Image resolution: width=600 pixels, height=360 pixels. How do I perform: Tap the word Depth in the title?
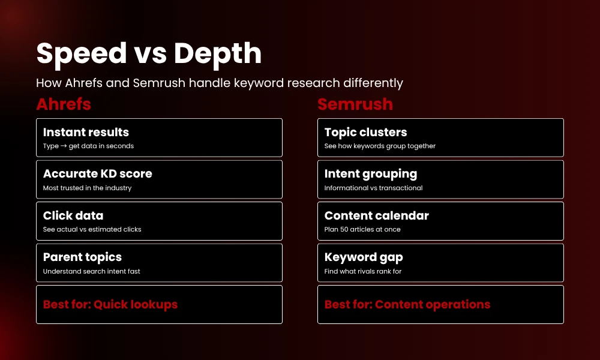coord(218,54)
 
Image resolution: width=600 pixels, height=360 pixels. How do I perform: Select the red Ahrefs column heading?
coord(64,104)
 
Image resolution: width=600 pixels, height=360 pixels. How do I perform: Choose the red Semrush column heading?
coord(355,104)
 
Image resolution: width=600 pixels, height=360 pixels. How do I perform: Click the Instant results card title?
coord(86,132)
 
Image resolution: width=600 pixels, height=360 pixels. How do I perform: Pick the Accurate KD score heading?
coord(98,173)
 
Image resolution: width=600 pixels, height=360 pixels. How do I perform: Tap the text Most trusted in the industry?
coord(87,188)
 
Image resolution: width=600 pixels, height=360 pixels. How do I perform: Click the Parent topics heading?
coord(82,257)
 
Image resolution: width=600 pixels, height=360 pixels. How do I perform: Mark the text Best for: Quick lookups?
coord(110,304)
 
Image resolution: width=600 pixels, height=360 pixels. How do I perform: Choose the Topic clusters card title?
coord(365,132)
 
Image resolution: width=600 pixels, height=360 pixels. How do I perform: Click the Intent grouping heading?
coord(371,173)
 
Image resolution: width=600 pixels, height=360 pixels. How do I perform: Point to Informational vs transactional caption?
coord(373,188)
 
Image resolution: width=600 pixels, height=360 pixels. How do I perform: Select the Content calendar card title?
coord(377,215)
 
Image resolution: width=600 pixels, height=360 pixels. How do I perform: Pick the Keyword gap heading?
coord(364,257)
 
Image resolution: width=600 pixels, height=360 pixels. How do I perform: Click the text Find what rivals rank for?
coord(363,271)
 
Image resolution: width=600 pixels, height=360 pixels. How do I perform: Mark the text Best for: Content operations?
coord(407,304)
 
